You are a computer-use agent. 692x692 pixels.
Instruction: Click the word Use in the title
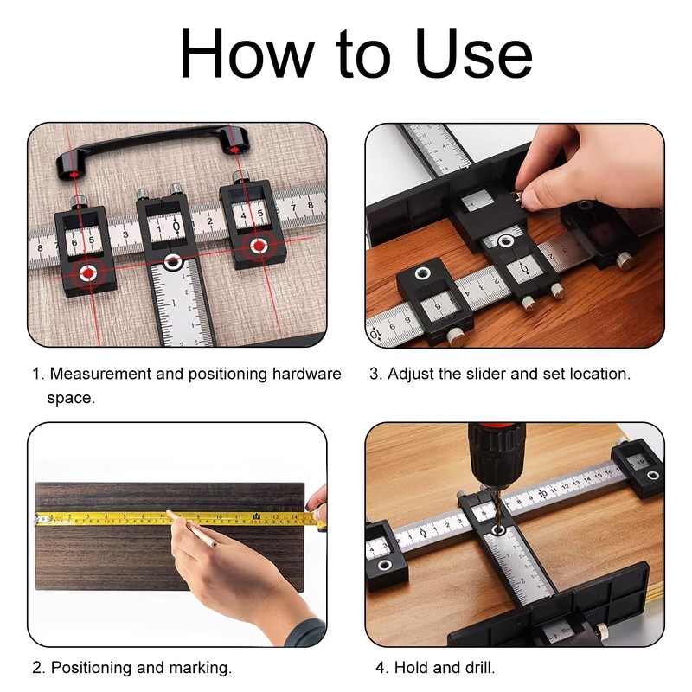(x=473, y=53)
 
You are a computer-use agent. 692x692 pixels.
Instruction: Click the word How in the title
(x=247, y=53)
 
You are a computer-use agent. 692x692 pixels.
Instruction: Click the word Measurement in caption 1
(x=100, y=374)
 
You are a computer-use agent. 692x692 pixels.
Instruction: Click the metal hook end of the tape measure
(x=37, y=519)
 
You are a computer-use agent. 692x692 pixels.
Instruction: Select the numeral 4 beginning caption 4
(x=381, y=667)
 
